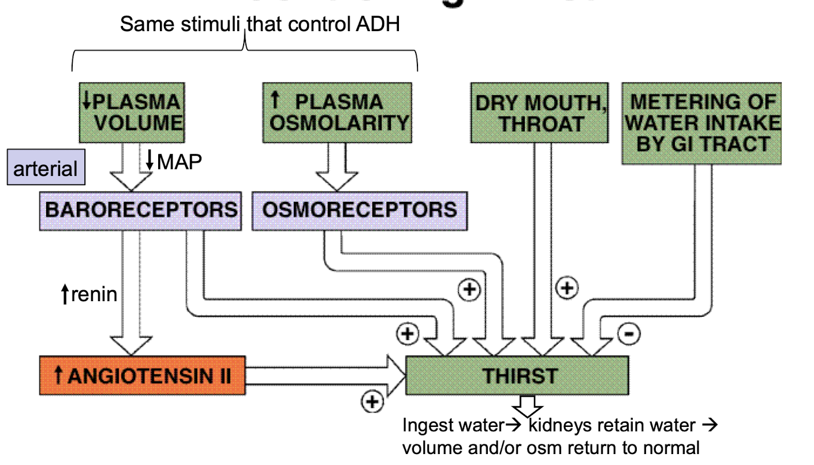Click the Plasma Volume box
tap(131, 112)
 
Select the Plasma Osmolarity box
tap(338, 112)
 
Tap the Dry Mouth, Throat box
tap(539, 113)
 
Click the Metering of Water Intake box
tap(702, 123)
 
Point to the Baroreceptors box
tap(141, 210)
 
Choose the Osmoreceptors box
tap(359, 210)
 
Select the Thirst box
tap(517, 376)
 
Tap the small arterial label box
tap(46, 168)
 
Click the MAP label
tap(179, 162)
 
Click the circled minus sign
tap(629, 333)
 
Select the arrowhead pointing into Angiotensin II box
tap(131, 345)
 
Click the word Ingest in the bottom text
tap(425, 426)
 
